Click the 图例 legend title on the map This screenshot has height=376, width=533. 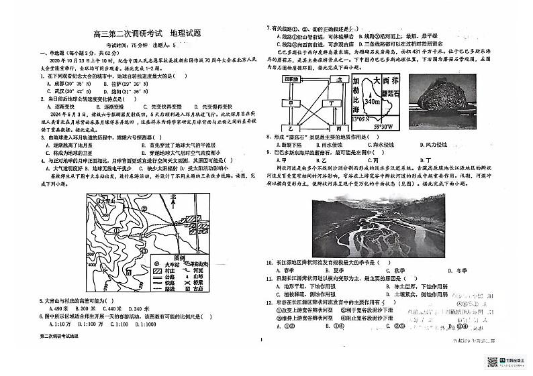181,256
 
